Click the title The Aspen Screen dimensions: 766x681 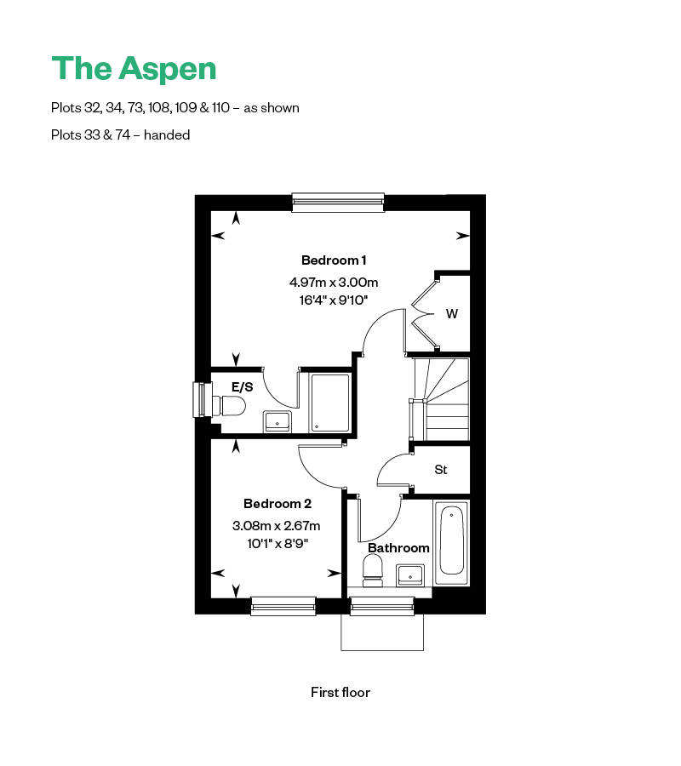pos(134,68)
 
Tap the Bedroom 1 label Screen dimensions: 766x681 pos(334,260)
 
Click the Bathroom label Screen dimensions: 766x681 pos(398,548)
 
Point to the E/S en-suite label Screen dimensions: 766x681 pos(243,386)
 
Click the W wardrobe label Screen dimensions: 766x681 pos(452,314)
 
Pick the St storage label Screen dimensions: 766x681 pos(441,470)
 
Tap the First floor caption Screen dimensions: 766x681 pos(340,692)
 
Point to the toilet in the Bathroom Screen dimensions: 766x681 pos(373,571)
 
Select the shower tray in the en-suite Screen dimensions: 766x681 pos(329,403)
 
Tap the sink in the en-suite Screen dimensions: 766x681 pos(278,420)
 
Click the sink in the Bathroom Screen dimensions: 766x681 pos(411,574)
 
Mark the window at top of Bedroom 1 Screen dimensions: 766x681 pos(338,202)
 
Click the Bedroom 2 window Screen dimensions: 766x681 pos(283,605)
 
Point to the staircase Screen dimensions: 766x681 pos(441,397)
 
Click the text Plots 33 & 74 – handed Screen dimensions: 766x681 pos(120,134)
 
